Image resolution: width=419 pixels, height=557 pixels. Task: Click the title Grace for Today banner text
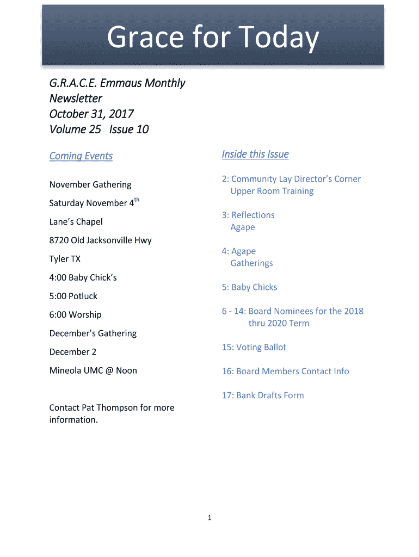click(x=212, y=38)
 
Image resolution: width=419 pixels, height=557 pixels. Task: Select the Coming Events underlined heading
click(x=81, y=156)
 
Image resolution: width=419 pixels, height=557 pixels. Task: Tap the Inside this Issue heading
click(x=255, y=154)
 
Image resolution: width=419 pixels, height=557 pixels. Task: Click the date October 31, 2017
click(x=91, y=114)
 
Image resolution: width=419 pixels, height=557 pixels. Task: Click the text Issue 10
click(x=128, y=129)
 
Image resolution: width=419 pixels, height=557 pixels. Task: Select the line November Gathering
click(x=90, y=184)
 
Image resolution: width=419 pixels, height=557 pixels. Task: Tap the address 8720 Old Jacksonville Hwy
click(x=100, y=240)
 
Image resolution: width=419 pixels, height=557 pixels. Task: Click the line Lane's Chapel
click(x=76, y=222)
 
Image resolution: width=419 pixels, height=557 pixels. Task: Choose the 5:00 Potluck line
click(x=73, y=296)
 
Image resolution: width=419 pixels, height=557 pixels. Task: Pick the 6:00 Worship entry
click(x=75, y=314)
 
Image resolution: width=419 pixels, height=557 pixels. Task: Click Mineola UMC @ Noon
click(x=93, y=370)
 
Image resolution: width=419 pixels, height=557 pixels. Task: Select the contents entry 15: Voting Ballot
click(x=254, y=347)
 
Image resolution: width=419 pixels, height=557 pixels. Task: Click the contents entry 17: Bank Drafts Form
click(x=262, y=395)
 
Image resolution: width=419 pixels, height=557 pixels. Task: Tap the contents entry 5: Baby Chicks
click(x=249, y=287)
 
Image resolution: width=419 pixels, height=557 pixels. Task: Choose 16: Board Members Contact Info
click(x=285, y=372)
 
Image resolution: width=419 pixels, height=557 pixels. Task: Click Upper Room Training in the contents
click(x=272, y=191)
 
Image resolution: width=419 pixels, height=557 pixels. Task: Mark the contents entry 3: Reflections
click(x=248, y=215)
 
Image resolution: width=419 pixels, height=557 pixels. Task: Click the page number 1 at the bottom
click(x=209, y=518)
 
